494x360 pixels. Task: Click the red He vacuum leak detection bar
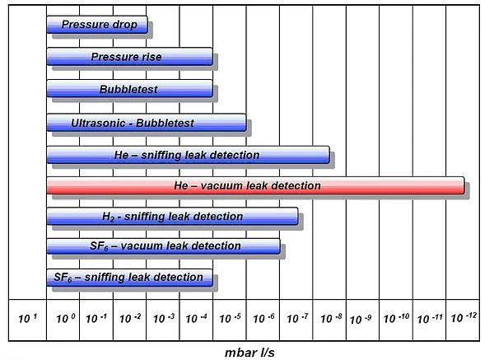tap(255, 185)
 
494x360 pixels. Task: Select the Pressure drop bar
tap(97, 25)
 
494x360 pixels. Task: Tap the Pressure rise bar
tap(129, 57)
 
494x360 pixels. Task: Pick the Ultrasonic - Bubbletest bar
tap(147, 123)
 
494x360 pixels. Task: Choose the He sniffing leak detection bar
tap(188, 155)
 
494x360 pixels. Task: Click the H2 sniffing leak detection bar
tap(172, 217)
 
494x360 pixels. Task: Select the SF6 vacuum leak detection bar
tap(163, 245)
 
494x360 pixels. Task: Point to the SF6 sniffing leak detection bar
tap(129, 278)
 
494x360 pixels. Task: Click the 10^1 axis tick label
tap(28, 318)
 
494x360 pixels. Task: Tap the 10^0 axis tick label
tap(66, 318)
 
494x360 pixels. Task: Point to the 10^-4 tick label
tap(196, 318)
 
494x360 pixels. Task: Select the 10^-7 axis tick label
tap(297, 318)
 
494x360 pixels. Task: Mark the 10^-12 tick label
tap(464, 317)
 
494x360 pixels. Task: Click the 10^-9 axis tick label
tap(361, 319)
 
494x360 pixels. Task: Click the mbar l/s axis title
tap(249, 353)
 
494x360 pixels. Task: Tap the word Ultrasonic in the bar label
tap(98, 123)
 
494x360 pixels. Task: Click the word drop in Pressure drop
tap(125, 25)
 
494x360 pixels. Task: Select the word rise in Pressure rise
tap(150, 57)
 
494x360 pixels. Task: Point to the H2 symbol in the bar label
tap(109, 217)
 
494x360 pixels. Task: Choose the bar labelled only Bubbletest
tap(129, 89)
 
